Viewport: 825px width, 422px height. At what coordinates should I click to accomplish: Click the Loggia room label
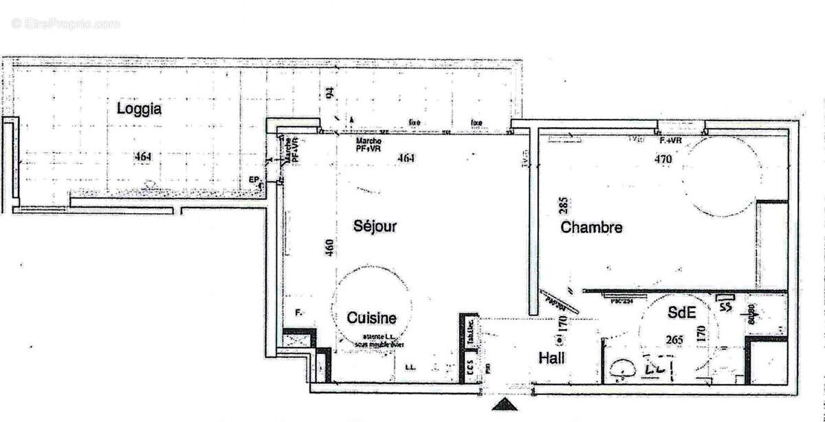click(139, 109)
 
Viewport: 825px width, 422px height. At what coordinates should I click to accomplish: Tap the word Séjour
click(375, 225)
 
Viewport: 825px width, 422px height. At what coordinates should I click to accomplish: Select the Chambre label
click(591, 227)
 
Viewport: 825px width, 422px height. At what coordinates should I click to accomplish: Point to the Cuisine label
click(371, 318)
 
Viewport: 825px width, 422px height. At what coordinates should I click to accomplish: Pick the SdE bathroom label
click(683, 313)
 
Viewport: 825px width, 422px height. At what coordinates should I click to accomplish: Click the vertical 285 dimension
click(562, 206)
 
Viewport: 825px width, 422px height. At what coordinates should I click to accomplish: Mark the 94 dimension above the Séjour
click(329, 93)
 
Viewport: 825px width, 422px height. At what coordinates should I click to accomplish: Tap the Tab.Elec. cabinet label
click(470, 333)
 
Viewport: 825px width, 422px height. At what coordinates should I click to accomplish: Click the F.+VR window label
click(670, 141)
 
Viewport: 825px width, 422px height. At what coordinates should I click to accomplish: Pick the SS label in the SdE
click(725, 307)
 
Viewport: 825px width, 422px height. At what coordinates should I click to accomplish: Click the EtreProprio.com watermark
click(65, 24)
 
